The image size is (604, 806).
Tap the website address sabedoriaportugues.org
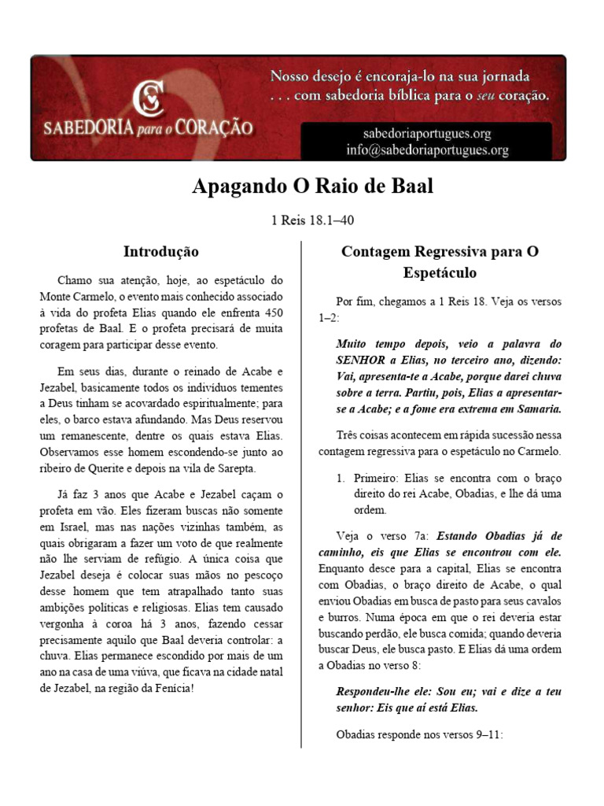(x=427, y=134)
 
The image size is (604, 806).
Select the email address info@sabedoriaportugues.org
(x=427, y=150)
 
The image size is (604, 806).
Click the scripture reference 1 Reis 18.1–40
(x=302, y=220)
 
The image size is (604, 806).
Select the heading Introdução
(x=161, y=252)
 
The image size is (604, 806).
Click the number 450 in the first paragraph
(x=269, y=312)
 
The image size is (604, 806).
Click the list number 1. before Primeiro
(x=341, y=479)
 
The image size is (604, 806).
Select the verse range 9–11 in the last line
(x=484, y=735)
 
